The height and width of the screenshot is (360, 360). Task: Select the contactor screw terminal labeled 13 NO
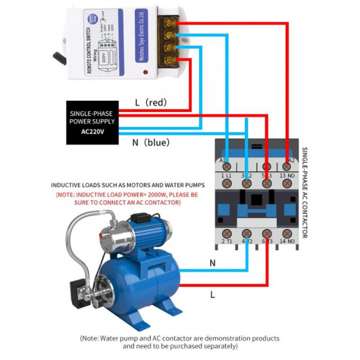click(287, 185)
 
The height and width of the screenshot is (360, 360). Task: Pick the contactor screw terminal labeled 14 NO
click(287, 233)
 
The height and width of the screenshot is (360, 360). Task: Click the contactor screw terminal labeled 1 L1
click(226, 185)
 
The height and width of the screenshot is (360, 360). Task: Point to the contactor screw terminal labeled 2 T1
click(226, 233)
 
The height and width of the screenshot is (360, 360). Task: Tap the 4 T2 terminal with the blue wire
click(247, 233)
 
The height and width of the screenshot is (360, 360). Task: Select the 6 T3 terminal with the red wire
click(266, 233)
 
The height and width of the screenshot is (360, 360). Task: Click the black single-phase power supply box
click(92, 122)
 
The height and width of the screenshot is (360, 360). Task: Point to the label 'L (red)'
click(151, 103)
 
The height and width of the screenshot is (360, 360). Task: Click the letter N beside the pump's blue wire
click(212, 262)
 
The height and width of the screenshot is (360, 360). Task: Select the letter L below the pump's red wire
click(212, 295)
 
